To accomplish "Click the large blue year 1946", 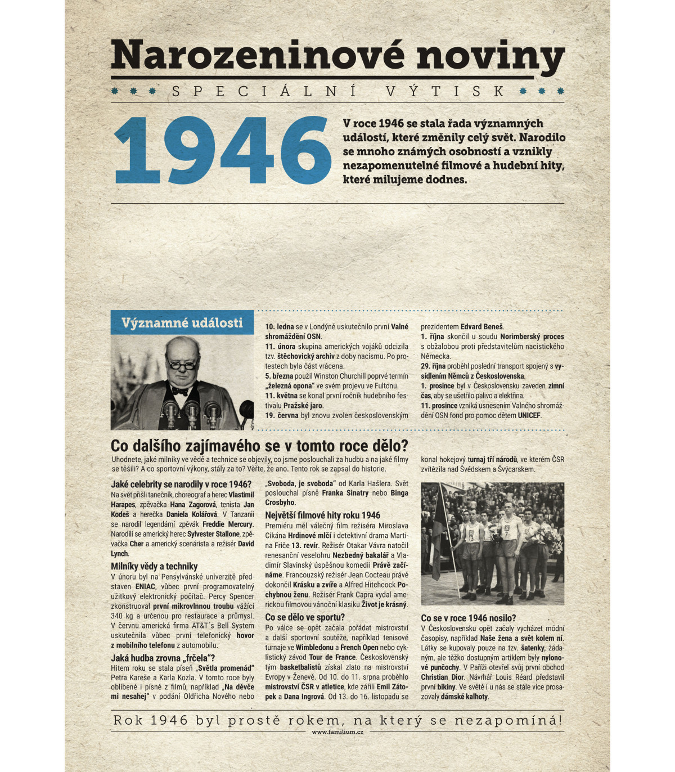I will click(x=222, y=150).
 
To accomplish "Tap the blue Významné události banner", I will click(x=182, y=323).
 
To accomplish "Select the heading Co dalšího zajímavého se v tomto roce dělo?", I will click(x=259, y=446).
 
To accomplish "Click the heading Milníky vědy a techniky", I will click(x=154, y=567).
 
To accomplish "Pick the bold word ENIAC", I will click(x=145, y=586).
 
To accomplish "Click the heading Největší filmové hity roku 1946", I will click(x=322, y=515).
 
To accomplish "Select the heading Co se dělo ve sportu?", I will click(x=305, y=617).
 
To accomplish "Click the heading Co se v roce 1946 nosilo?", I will click(x=468, y=618).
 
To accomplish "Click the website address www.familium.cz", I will click(x=337, y=732).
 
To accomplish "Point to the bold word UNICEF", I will click(x=529, y=415).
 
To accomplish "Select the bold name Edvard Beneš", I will click(x=482, y=326).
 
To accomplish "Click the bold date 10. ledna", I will click(x=280, y=326).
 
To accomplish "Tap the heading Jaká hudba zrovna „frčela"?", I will click(x=163, y=658).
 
